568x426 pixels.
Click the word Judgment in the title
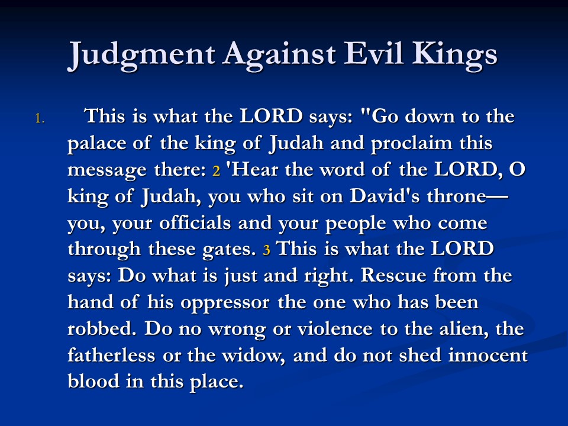click(141, 54)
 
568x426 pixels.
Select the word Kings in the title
click(455, 54)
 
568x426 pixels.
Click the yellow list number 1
click(40, 118)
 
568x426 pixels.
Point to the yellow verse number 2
click(217, 170)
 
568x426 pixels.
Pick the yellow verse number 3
click(267, 250)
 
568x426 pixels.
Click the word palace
click(96, 144)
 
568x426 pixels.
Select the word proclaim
click(412, 144)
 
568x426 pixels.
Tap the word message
click(107, 170)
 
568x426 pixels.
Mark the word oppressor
click(225, 303)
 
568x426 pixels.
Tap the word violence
click(335, 328)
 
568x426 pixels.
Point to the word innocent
click(488, 356)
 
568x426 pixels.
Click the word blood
click(93, 381)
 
